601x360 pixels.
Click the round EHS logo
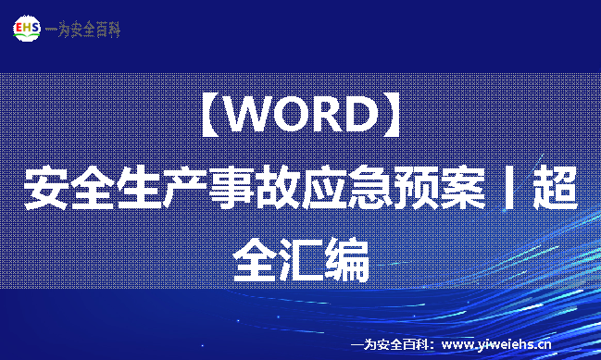[26, 29]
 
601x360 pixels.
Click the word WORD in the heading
[301, 116]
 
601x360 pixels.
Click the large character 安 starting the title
[46, 188]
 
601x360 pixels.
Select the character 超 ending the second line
[555, 188]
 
